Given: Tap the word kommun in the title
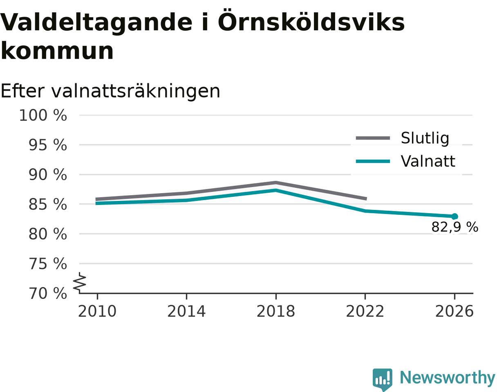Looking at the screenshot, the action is pyautogui.click(x=57, y=51).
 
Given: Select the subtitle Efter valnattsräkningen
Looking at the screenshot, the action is pyautogui.click(x=110, y=91).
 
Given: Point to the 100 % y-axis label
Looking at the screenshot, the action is pyautogui.click(x=43, y=116).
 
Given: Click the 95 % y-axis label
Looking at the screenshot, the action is pyautogui.click(x=48, y=145).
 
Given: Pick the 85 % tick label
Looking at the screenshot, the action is pyautogui.click(x=48, y=205).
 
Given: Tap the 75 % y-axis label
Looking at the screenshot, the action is pyautogui.click(x=48, y=264).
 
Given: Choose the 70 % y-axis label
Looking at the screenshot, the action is pyautogui.click(x=48, y=294).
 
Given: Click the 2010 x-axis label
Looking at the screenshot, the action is pyautogui.click(x=97, y=311).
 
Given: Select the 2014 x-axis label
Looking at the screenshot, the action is pyautogui.click(x=186, y=311).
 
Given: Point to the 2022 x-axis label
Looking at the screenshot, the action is pyautogui.click(x=365, y=311).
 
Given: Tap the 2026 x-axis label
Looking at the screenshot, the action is pyautogui.click(x=454, y=311).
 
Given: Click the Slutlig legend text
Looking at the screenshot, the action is pyautogui.click(x=425, y=138).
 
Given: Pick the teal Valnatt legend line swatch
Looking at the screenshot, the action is pyautogui.click(x=373, y=161).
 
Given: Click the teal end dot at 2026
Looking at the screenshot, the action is pyautogui.click(x=454, y=216).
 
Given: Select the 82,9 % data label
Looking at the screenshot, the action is pyautogui.click(x=455, y=227).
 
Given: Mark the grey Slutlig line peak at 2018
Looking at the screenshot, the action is pyautogui.click(x=276, y=183).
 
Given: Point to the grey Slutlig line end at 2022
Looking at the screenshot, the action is pyautogui.click(x=366, y=198).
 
